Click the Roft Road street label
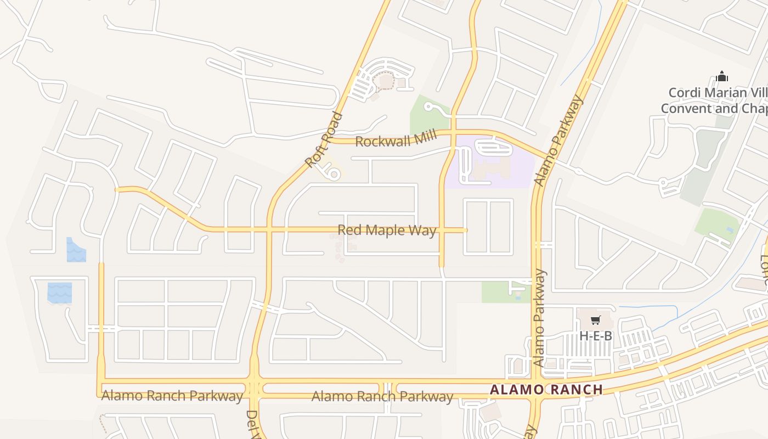324,140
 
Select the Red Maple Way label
387,230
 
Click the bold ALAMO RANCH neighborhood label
546,390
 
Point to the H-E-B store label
595,336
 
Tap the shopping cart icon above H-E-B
595,320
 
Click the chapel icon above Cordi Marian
722,76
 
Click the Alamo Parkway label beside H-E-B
539,318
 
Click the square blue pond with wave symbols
59,293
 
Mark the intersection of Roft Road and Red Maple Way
269,229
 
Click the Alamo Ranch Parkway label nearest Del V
172,396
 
